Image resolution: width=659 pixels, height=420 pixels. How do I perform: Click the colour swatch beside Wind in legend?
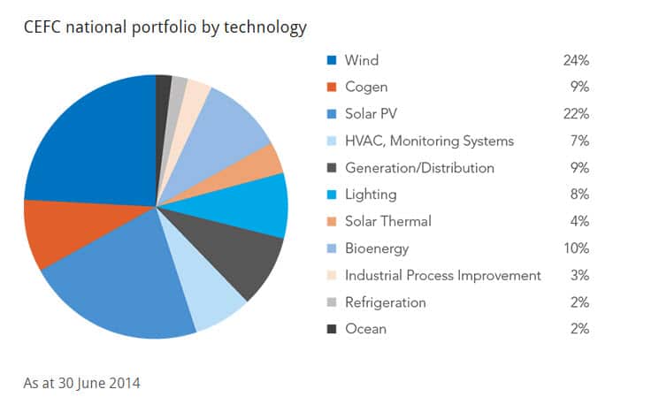[x=332, y=60]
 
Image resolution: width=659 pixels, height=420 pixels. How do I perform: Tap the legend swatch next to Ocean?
[x=332, y=329]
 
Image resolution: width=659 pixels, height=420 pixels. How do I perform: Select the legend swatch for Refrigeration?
[x=332, y=302]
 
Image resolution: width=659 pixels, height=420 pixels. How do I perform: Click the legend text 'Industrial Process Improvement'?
[x=442, y=275]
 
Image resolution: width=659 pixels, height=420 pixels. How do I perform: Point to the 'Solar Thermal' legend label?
[x=387, y=221]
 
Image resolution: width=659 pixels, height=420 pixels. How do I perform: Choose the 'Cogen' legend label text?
[x=366, y=88]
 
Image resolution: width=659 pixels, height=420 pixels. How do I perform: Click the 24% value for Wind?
[x=575, y=60]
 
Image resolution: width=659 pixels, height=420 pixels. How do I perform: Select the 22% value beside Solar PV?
[x=575, y=114]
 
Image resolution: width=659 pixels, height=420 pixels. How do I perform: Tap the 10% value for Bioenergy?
[x=575, y=248]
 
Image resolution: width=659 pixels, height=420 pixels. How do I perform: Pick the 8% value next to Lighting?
[x=579, y=195]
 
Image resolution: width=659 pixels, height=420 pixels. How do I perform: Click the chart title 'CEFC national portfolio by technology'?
[x=165, y=27]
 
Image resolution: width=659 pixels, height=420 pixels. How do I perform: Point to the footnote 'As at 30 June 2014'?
[x=81, y=383]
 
